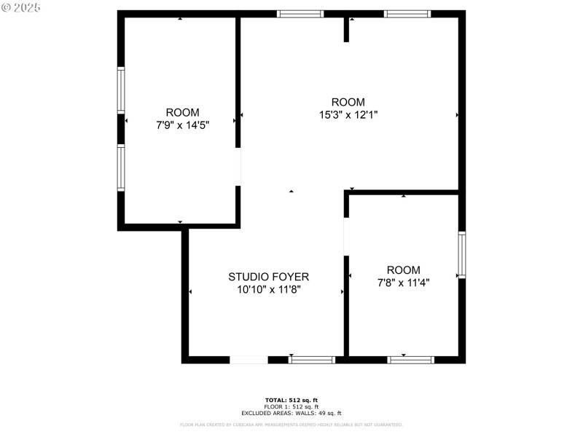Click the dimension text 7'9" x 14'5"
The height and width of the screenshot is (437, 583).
pos(182,125)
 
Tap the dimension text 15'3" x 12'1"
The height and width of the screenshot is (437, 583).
pos(348,114)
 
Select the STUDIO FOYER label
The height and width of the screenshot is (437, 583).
pos(268,277)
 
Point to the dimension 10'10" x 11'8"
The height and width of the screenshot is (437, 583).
pos(268,289)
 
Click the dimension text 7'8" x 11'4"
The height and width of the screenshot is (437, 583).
pos(403,283)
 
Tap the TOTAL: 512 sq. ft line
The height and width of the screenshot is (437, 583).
pos(291,400)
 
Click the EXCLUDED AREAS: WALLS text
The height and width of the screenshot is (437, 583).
pos(291,413)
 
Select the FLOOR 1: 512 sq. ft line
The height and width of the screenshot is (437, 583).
pos(291,406)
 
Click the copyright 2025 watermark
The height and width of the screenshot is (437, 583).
pos(21,7)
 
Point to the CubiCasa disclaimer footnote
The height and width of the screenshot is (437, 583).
pos(291,425)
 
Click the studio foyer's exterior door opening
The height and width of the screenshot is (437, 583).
pos(249,360)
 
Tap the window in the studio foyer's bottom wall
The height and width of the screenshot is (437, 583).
pos(312,360)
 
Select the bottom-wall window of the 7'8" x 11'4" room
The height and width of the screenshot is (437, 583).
pos(410,360)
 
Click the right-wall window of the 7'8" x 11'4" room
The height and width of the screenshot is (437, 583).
pos(461,255)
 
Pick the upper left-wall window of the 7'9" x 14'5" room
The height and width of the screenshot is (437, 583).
pos(121,90)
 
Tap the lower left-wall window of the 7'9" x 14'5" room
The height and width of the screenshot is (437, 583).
pos(121,168)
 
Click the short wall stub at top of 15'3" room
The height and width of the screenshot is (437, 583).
pos(346,29)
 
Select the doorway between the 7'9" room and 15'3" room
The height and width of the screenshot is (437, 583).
pos(238,167)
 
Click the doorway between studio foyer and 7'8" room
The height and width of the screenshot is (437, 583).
pos(347,236)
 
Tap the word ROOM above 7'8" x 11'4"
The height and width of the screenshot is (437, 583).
pos(403,270)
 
